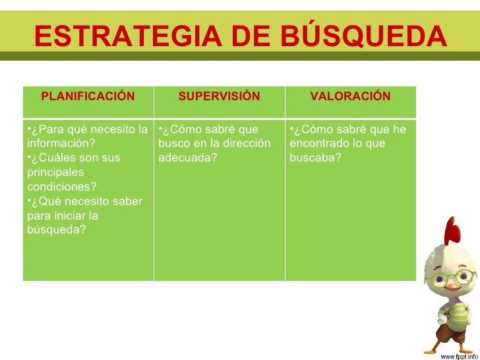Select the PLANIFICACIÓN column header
88,97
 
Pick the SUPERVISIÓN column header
219,97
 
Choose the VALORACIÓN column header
350,97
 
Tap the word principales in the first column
56,172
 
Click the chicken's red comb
452,230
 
